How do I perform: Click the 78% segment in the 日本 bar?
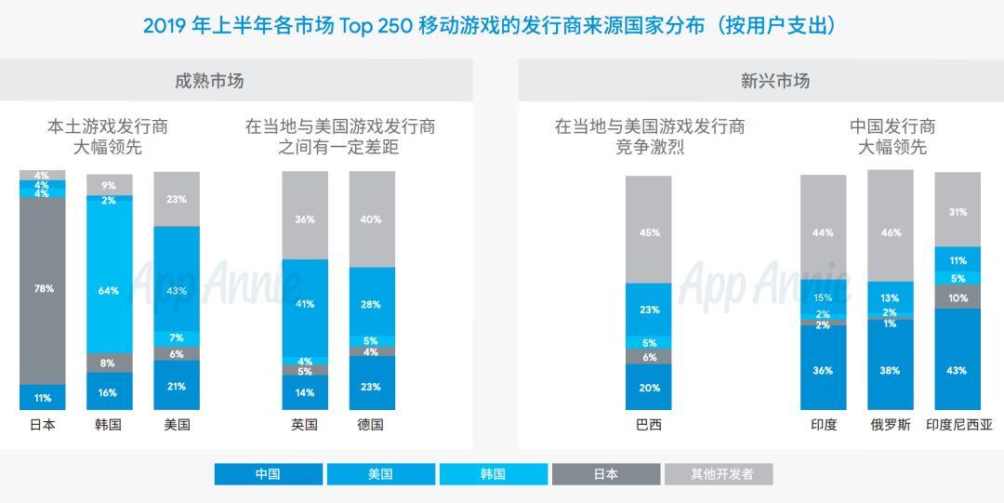[x=43, y=289]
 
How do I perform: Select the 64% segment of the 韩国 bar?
[x=109, y=291]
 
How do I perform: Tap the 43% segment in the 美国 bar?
[x=177, y=291]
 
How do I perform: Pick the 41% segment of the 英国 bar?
[x=305, y=304]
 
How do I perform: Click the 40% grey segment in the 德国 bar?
[x=372, y=219]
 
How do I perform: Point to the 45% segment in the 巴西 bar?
[x=649, y=232]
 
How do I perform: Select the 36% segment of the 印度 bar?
[x=823, y=370]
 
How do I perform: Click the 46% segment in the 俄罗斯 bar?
[x=891, y=232]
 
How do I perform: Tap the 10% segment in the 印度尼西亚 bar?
[x=958, y=298]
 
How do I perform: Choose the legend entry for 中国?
[x=269, y=474]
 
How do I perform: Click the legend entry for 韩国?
[x=494, y=474]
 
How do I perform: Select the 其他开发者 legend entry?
[x=719, y=474]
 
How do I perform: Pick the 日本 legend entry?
[x=606, y=474]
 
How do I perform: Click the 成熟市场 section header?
[x=209, y=81]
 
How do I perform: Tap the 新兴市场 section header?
[x=775, y=81]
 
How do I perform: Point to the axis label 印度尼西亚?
[x=958, y=425]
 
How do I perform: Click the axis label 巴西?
[x=649, y=425]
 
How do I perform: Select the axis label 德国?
[x=371, y=425]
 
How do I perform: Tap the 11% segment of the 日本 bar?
[x=43, y=398]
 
